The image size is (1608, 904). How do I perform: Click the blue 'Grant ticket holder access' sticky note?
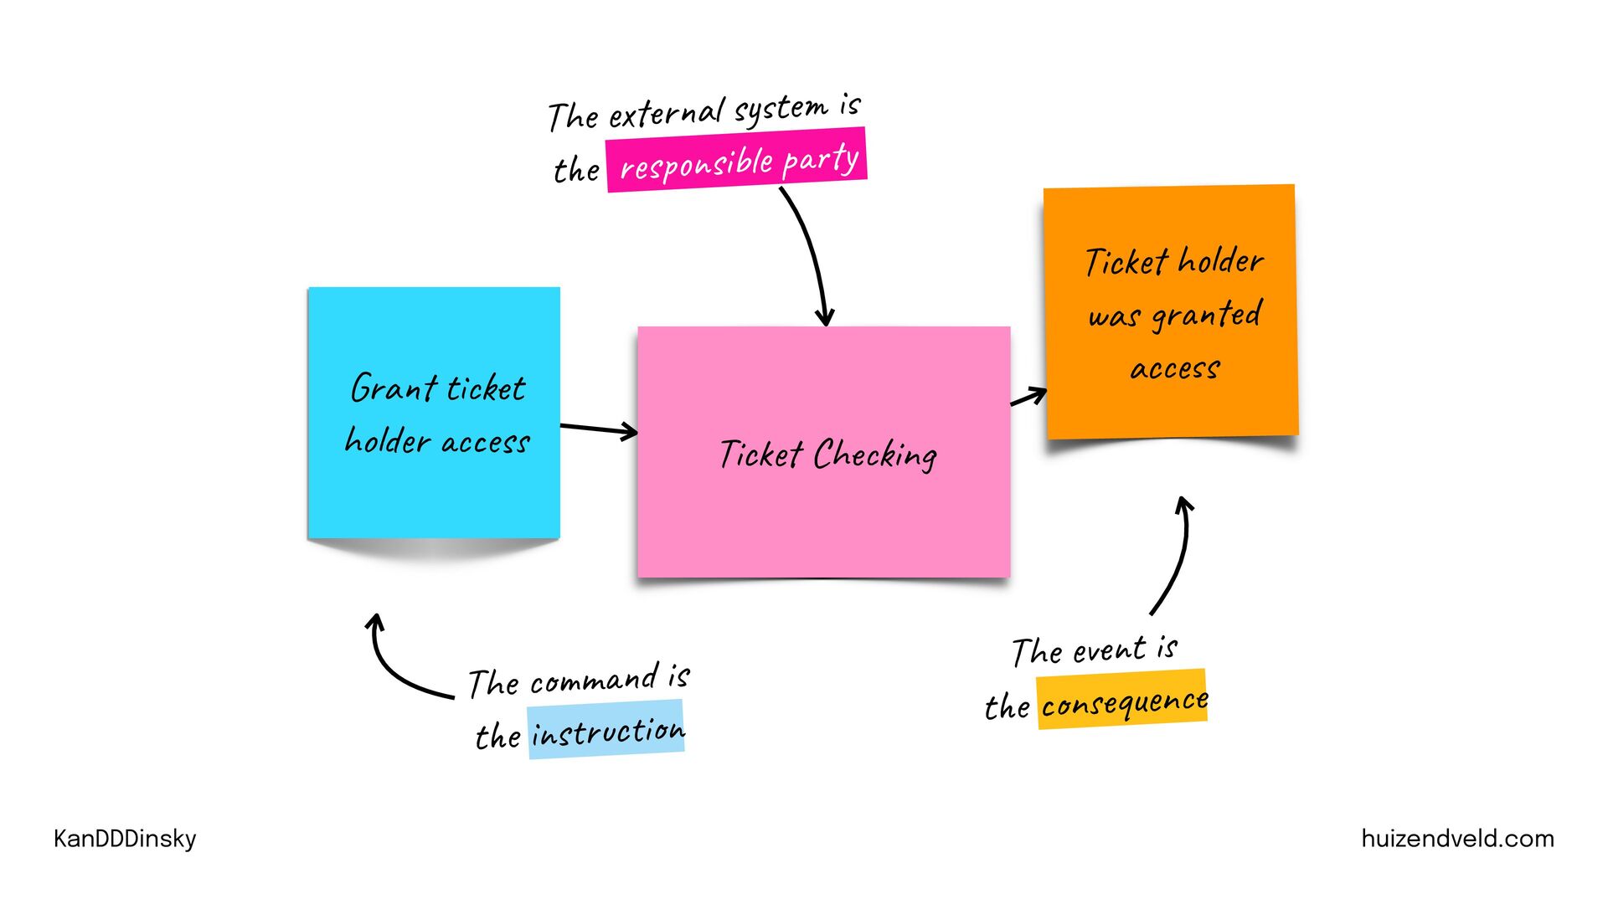tap(434, 485)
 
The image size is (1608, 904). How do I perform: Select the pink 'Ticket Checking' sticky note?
tap(823, 519)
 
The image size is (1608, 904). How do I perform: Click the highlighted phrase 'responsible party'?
tap(736, 160)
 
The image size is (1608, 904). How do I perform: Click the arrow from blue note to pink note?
tap(598, 429)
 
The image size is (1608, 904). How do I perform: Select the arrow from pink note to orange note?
tap(1028, 397)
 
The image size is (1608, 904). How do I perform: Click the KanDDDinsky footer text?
tap(125, 839)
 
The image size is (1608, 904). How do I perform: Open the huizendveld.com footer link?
tap(1457, 839)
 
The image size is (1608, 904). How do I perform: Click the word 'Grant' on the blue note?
tap(394, 388)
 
